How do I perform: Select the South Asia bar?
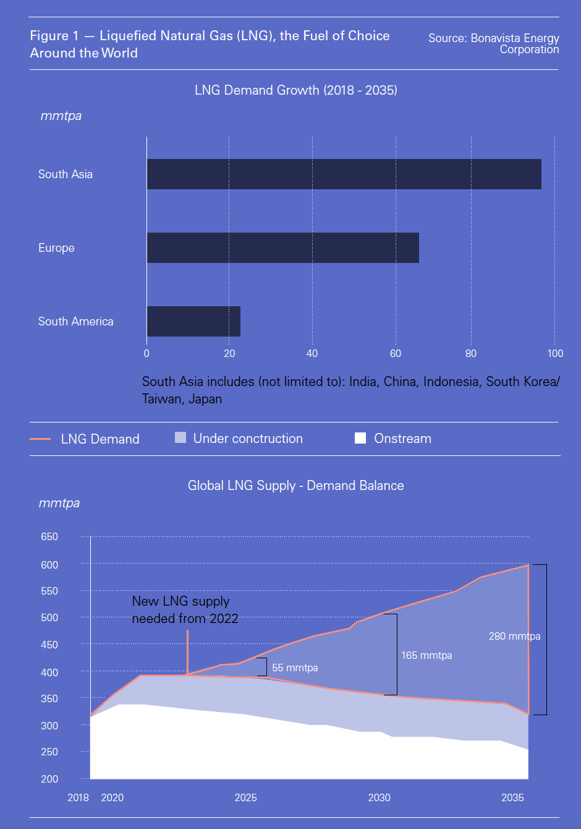344,174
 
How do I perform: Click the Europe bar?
282,247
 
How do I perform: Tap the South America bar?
193,321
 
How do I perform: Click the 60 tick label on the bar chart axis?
396,354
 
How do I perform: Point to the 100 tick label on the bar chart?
555,354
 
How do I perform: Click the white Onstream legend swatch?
360,439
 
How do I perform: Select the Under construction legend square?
180,438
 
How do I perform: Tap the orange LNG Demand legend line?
40,439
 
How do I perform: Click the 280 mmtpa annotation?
514,636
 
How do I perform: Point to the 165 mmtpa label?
426,655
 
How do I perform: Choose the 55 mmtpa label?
295,668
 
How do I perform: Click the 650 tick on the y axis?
49,537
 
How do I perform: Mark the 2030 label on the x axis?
379,797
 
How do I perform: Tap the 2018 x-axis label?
78,797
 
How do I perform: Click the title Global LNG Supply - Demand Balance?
295,486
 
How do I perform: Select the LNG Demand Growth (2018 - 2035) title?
295,90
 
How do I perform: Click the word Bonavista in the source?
495,38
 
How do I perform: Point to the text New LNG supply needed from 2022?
185,609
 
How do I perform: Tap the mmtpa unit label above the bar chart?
61,116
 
